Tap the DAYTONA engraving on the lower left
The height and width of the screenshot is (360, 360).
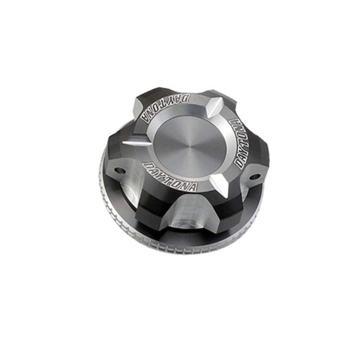(170, 176)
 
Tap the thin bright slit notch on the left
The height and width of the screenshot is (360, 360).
(136, 143)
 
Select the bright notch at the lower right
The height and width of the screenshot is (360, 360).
(220, 182)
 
